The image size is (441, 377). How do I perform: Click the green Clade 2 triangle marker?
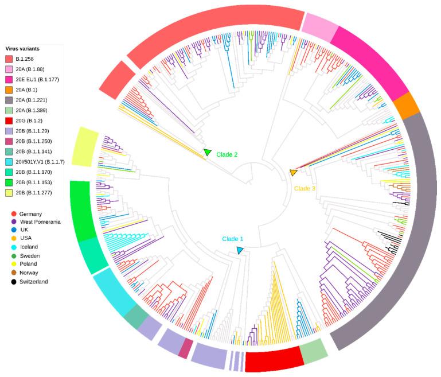208,152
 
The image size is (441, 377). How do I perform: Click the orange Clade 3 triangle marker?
294,173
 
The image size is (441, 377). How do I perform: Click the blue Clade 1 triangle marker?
240,250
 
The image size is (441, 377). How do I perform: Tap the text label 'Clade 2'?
227,154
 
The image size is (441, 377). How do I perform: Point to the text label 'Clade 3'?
305,188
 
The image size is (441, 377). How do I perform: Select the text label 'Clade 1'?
233,239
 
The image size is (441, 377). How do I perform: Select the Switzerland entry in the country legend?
34,282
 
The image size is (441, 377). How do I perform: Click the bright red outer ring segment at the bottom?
274,359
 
